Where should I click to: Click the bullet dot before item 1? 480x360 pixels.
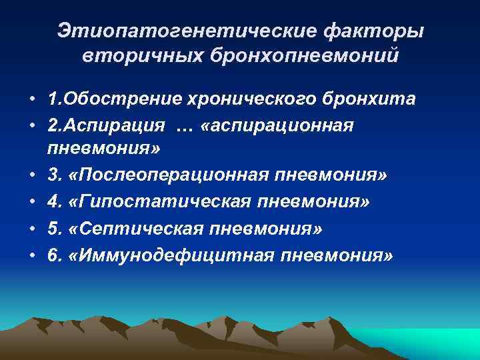[x=32, y=100]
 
